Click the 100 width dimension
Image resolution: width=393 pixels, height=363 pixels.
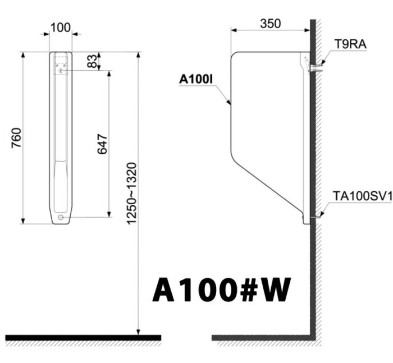[x=60, y=27]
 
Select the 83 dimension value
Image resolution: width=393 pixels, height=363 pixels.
[x=92, y=61]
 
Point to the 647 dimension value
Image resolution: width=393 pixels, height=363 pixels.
[x=102, y=144]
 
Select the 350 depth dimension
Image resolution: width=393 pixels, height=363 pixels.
[x=270, y=24]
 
